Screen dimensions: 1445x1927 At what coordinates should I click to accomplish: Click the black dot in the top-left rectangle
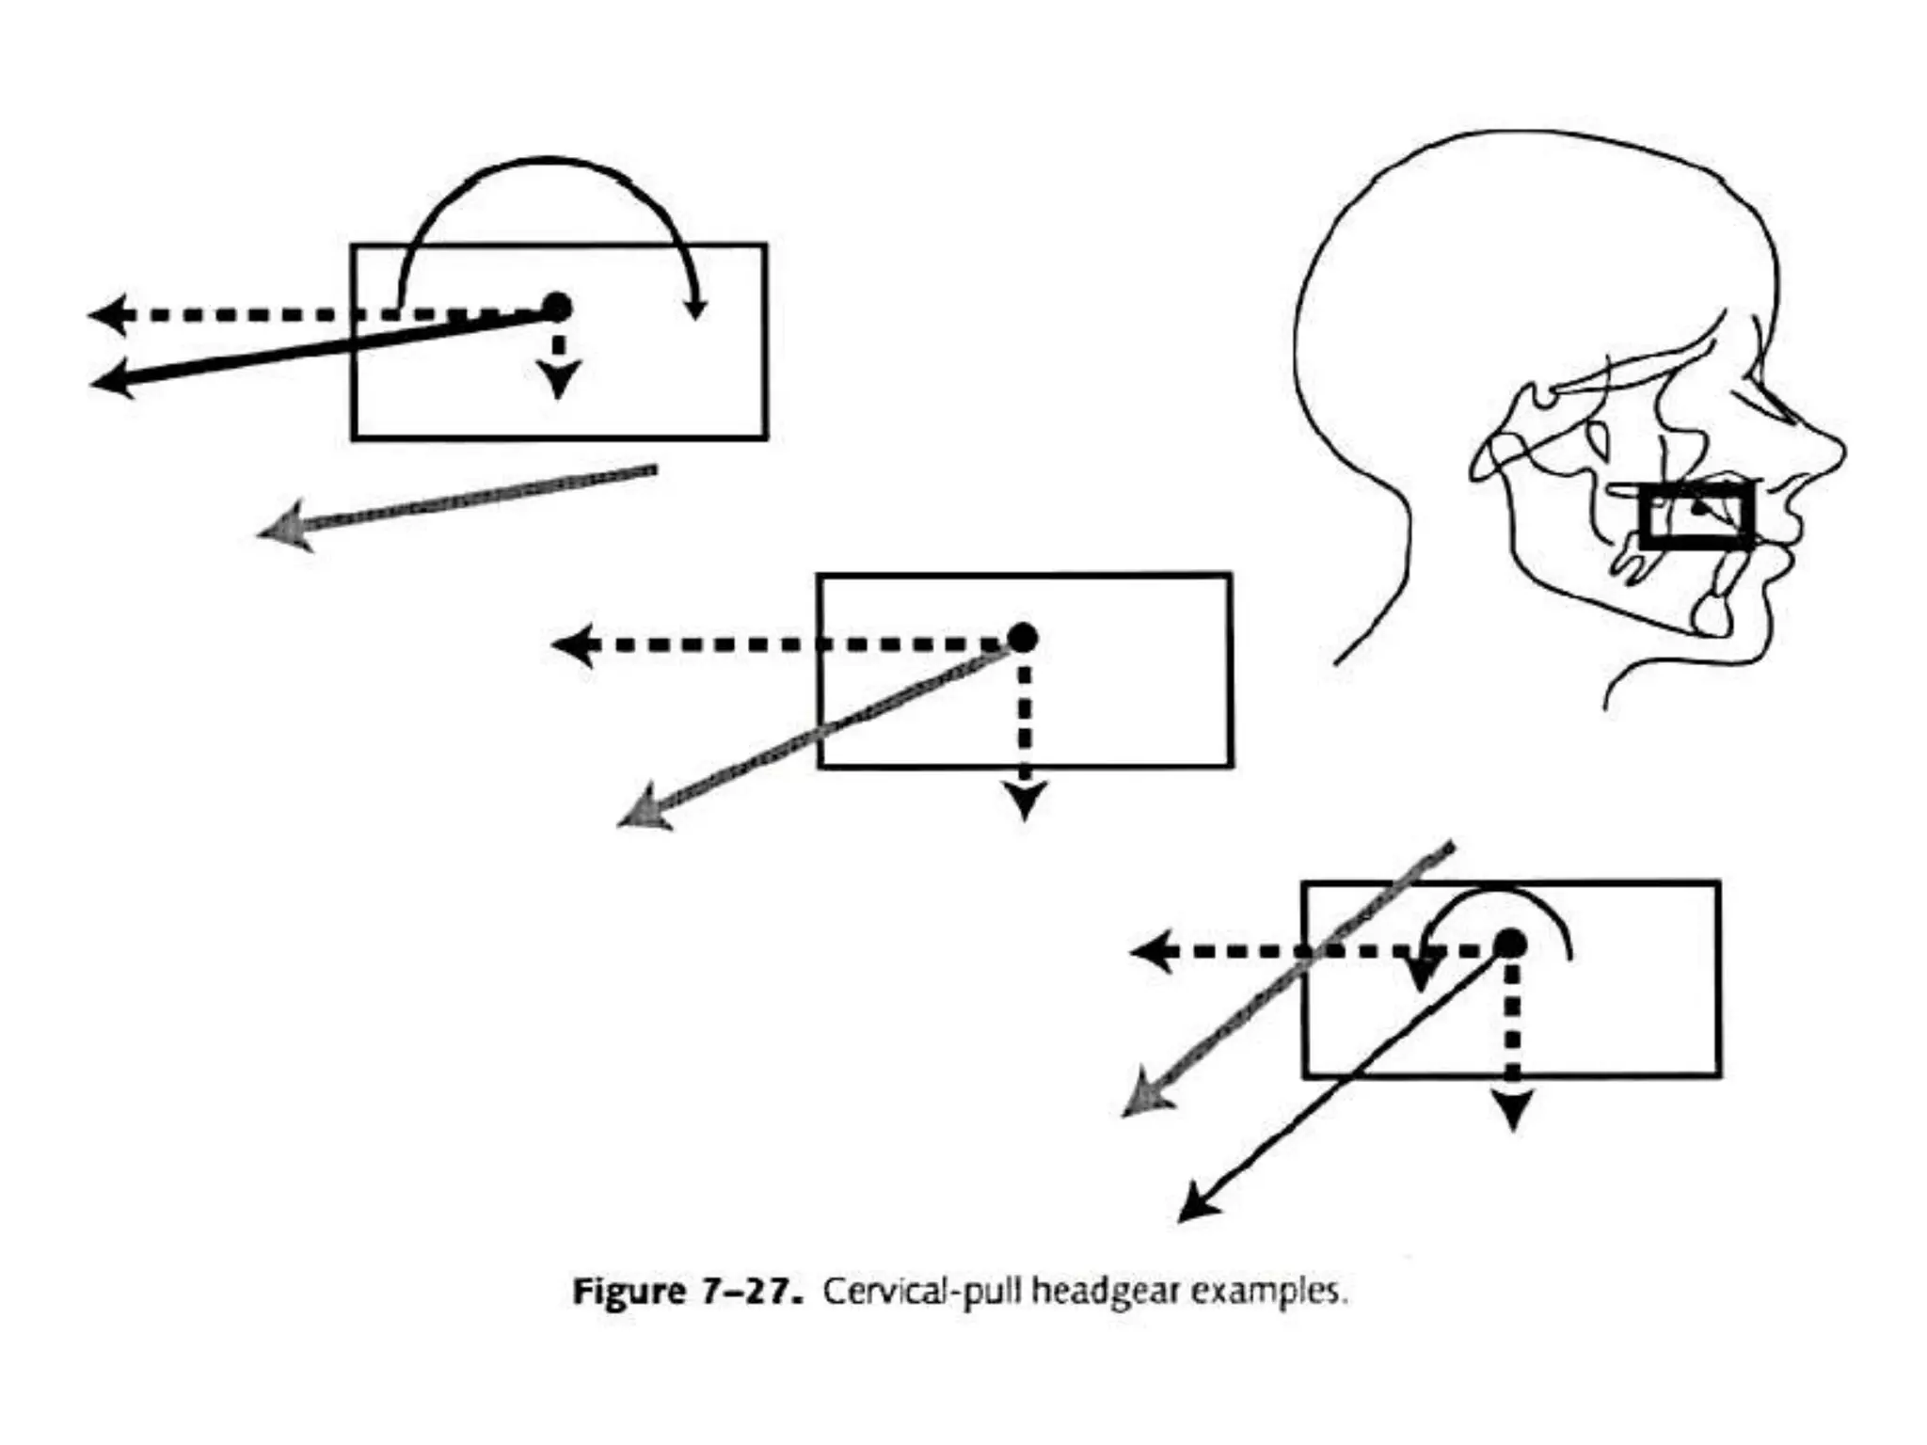click(x=557, y=308)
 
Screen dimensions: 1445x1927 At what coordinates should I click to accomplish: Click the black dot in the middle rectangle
click(x=1023, y=638)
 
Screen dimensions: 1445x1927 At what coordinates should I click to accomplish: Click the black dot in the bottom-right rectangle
click(x=1510, y=944)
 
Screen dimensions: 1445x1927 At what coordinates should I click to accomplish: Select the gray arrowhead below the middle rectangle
click(x=642, y=814)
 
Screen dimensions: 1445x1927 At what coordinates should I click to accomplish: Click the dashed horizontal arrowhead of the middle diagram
click(x=571, y=645)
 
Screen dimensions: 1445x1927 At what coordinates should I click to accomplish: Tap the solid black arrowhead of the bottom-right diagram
click(x=1196, y=1207)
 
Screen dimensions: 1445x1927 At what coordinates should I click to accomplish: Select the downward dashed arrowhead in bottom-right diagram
click(x=1512, y=1110)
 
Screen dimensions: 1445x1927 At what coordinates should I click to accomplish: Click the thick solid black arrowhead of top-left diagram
click(x=110, y=380)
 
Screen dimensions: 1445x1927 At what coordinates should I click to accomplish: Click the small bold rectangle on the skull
click(x=1696, y=516)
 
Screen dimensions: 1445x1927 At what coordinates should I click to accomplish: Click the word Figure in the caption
click(x=629, y=1292)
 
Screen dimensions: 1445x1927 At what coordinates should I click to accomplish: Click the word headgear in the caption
click(x=1106, y=1292)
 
